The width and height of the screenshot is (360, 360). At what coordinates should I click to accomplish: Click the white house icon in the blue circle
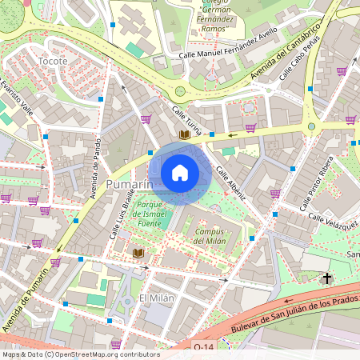click(x=180, y=173)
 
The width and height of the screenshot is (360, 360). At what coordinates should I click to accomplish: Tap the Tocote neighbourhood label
click(x=53, y=61)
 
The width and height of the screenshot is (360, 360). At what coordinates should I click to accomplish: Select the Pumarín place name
click(x=129, y=185)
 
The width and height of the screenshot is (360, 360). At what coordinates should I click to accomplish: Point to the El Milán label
click(x=155, y=298)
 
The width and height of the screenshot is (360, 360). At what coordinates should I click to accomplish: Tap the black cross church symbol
click(x=326, y=278)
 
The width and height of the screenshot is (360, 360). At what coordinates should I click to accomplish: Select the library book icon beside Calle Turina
click(x=185, y=136)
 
